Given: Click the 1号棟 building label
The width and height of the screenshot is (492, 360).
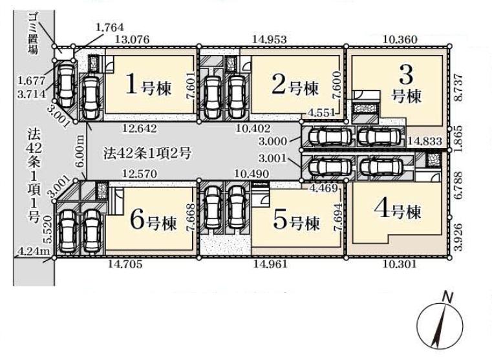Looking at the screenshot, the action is tap(149, 85).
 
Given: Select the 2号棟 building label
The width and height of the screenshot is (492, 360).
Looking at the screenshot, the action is tap(295, 85).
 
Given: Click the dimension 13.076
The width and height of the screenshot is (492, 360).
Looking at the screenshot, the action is tap(132, 40).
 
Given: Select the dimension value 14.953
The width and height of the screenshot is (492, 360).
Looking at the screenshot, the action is tap(270, 39).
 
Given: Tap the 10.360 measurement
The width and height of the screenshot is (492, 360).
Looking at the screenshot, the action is tap(400, 39).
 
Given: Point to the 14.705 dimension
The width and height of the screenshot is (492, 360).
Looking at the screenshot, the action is tap(125, 264).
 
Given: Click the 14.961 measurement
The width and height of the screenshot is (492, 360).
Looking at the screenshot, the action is tap(270, 264).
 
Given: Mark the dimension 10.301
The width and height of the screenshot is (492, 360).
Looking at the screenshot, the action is tap(400, 264).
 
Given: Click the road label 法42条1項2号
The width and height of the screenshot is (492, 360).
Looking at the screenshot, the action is tap(147, 154).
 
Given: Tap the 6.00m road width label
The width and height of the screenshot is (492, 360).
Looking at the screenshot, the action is tap(81, 151).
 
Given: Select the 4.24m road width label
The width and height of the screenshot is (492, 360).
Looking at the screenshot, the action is tap(34, 251).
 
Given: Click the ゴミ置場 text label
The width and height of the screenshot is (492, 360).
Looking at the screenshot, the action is tap(34, 34).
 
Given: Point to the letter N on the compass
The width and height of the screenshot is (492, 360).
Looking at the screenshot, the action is tap(447, 297).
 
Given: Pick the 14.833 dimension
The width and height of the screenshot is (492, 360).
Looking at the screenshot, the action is tap(425, 142).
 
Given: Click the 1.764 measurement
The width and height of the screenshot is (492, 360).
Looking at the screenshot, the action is tap(109, 27).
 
